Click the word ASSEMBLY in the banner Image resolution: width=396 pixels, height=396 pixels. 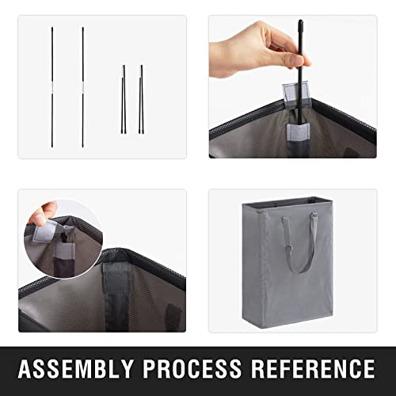tap(76, 368)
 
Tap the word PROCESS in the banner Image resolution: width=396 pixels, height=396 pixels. tap(192, 368)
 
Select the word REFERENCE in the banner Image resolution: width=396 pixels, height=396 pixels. tap(313, 368)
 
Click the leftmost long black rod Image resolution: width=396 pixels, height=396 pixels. tap(52, 87)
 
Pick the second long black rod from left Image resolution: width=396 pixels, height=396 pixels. tap(83, 87)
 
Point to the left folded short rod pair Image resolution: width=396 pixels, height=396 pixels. tap(124, 99)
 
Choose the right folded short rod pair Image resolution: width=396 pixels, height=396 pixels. tap(142, 99)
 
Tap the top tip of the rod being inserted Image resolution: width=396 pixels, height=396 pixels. tap(300, 20)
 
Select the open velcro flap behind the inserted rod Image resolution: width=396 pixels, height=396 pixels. tap(295, 91)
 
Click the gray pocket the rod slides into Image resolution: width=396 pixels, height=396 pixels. tap(298, 132)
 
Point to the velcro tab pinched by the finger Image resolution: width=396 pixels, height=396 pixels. tap(44, 231)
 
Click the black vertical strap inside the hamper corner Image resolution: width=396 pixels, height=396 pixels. tap(116, 297)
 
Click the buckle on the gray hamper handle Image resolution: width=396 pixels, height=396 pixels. tap(289, 249)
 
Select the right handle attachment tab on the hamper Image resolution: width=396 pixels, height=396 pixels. tap(314, 216)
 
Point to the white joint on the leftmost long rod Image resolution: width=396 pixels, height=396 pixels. tap(52, 87)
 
